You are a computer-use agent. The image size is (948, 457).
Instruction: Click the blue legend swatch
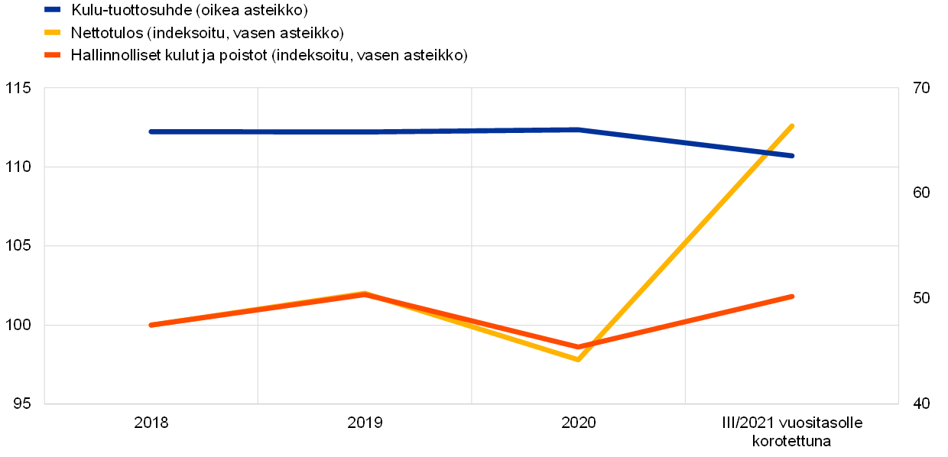point(52,9)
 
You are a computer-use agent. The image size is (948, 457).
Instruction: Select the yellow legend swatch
point(52,32)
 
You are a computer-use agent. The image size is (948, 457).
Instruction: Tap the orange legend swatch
point(52,55)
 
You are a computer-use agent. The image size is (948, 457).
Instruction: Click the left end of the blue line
point(151,131)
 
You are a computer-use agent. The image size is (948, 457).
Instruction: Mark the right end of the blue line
point(792,156)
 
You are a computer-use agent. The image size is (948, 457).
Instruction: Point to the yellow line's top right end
point(792,125)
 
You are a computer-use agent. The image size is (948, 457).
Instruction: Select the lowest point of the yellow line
point(578,358)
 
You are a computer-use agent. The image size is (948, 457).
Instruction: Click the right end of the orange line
point(792,296)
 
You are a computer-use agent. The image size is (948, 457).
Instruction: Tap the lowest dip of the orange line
point(579,347)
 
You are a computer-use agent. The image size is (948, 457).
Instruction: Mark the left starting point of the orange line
point(151,325)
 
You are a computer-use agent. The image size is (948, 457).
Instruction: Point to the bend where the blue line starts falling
point(579,129)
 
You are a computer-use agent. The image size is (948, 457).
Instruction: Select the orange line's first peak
point(365,294)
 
